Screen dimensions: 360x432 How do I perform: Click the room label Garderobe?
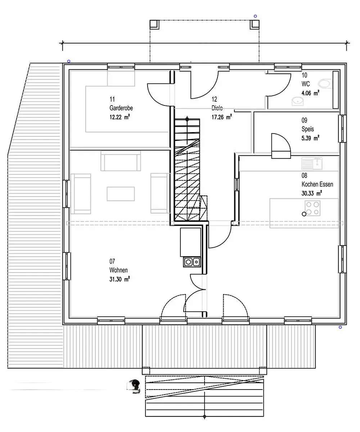pyautogui.click(x=121, y=108)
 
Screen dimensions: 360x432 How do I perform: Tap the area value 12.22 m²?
pyautogui.click(x=120, y=117)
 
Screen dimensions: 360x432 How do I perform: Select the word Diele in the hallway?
pyautogui.click(x=217, y=108)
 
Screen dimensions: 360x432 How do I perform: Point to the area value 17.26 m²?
pyautogui.click(x=222, y=117)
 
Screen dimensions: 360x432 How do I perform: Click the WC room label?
pyautogui.click(x=306, y=84)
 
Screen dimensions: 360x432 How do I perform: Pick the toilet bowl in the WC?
pyautogui.click(x=324, y=84)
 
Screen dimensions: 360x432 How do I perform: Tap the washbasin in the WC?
pyautogui.click(x=297, y=101)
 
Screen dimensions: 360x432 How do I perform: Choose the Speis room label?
pyautogui.click(x=308, y=129)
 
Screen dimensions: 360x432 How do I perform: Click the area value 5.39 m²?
pyautogui.click(x=310, y=138)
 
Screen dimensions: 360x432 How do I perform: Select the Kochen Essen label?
pyautogui.click(x=317, y=184)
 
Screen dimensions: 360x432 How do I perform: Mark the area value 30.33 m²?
pyautogui.click(x=312, y=193)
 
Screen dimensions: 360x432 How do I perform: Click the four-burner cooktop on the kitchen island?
pyautogui.click(x=312, y=208)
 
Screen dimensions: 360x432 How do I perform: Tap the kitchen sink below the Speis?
pyautogui.click(x=312, y=164)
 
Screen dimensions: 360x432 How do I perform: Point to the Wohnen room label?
pyautogui.click(x=118, y=270)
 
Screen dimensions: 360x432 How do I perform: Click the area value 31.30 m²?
pyautogui.click(x=120, y=279)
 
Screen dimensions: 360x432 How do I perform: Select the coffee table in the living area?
pyautogui.click(x=121, y=194)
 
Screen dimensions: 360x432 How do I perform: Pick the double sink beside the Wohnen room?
pyautogui.click(x=192, y=262)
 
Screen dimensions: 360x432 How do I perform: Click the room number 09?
pyautogui.click(x=304, y=120)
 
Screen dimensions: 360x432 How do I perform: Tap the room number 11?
pyautogui.click(x=112, y=99)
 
